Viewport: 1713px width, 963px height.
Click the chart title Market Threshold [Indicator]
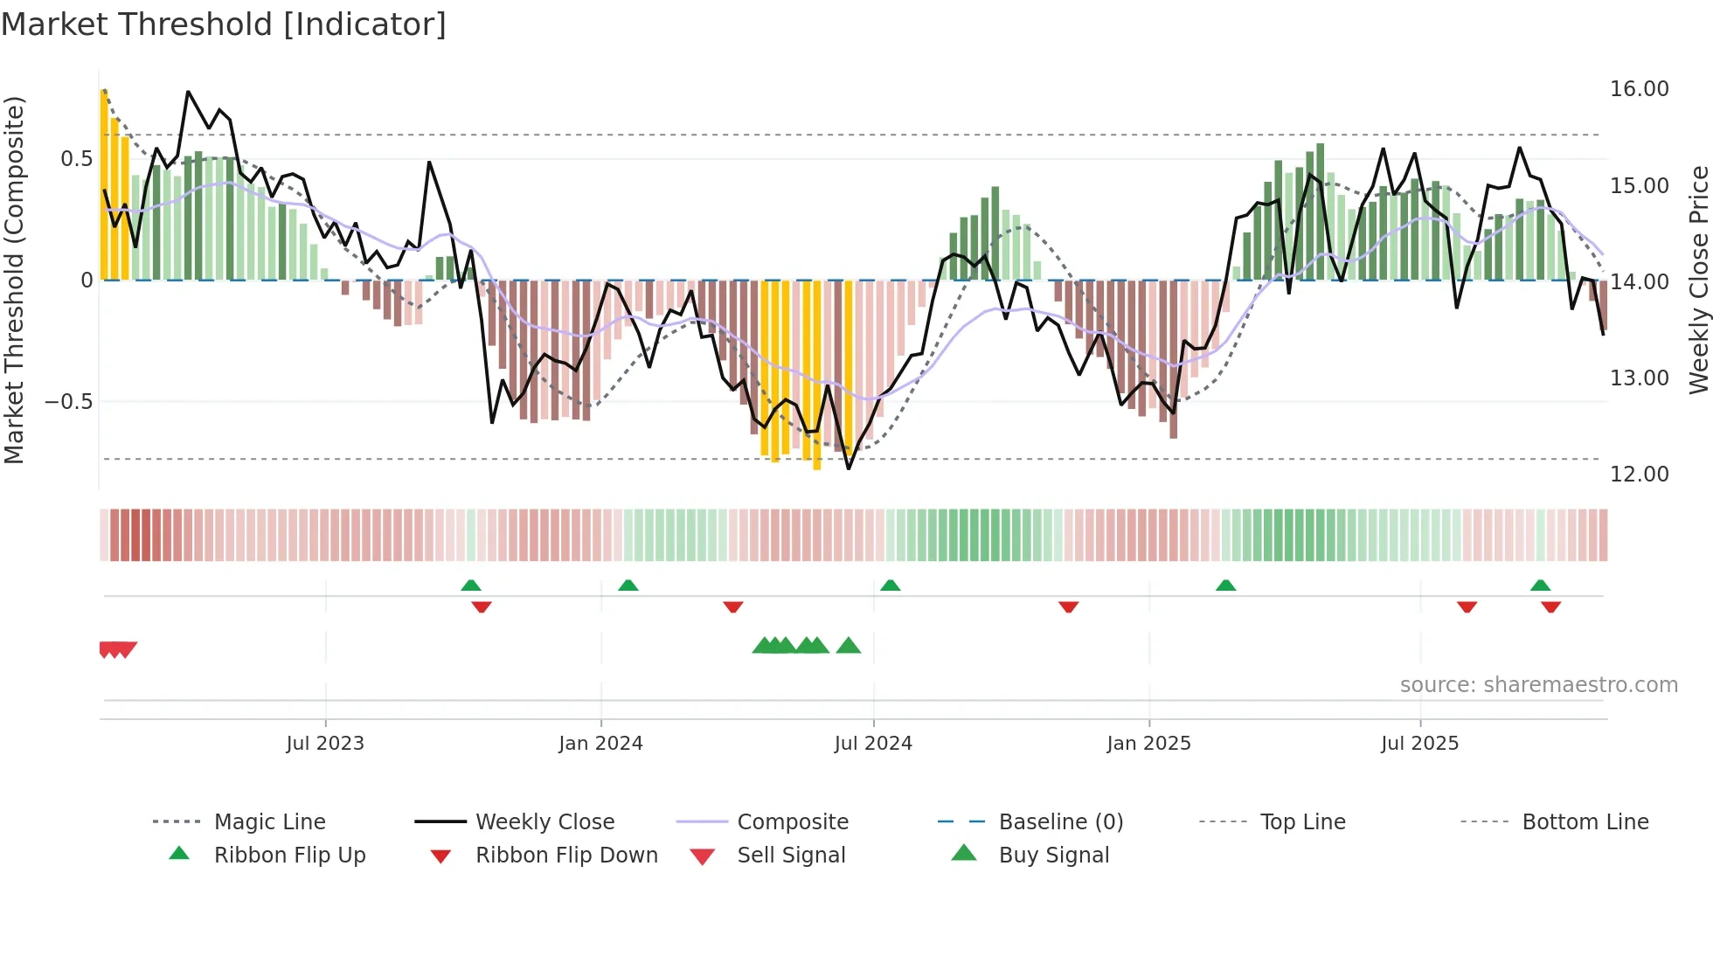point(224,24)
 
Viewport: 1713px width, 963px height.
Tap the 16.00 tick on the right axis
point(1639,89)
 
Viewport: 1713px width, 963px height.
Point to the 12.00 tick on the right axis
point(1639,475)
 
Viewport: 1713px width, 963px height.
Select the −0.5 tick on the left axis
point(68,402)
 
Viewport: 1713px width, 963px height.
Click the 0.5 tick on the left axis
point(76,159)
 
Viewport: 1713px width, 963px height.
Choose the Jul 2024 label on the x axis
point(873,744)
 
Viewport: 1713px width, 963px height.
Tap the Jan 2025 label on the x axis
point(1148,744)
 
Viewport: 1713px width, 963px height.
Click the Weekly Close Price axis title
point(1698,280)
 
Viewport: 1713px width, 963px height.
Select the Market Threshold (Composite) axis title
point(14,280)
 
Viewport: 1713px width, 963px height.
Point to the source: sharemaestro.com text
point(1538,685)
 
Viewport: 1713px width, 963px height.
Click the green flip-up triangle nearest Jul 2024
point(891,585)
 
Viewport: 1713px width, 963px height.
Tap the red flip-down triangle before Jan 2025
point(1068,606)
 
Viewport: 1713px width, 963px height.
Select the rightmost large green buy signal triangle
point(849,646)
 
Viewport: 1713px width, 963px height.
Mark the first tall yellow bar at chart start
point(104,184)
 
